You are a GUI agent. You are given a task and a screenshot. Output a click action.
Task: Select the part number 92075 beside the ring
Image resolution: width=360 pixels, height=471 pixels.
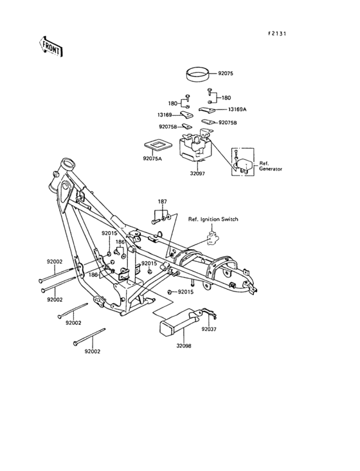pos(226,74)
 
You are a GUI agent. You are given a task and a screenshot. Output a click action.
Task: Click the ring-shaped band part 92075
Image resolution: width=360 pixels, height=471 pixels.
pos(197,75)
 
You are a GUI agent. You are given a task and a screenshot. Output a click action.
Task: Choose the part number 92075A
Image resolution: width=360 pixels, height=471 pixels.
pos(152,158)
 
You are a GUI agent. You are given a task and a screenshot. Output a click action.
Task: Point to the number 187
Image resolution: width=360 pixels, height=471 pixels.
pos(162,202)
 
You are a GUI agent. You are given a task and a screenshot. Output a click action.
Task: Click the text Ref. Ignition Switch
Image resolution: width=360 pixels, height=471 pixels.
pos(213,219)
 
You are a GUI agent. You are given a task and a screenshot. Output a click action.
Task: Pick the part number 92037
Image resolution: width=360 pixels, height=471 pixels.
pos(208,328)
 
